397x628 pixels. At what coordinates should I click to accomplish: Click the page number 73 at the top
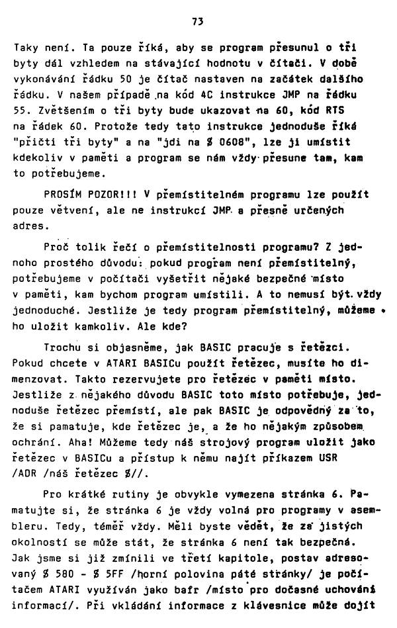click(x=197, y=21)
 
